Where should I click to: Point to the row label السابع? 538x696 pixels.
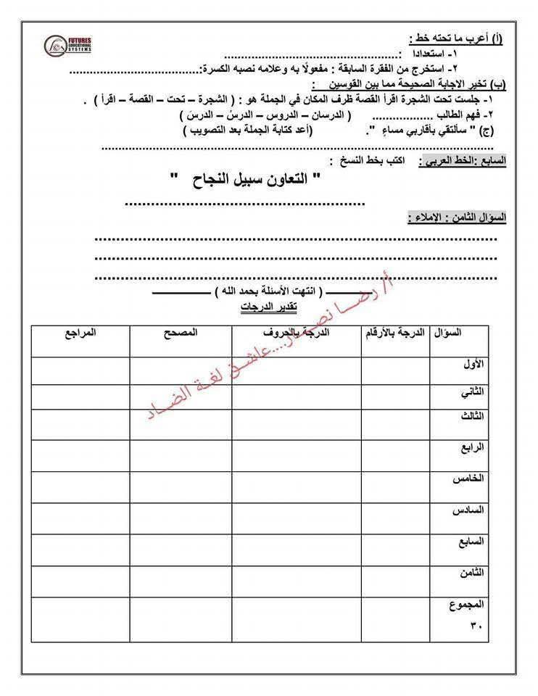(x=470, y=541)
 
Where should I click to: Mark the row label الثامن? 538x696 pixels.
(x=471, y=573)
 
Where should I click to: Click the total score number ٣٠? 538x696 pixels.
(x=476, y=624)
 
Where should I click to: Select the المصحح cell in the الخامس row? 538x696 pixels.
(x=181, y=486)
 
